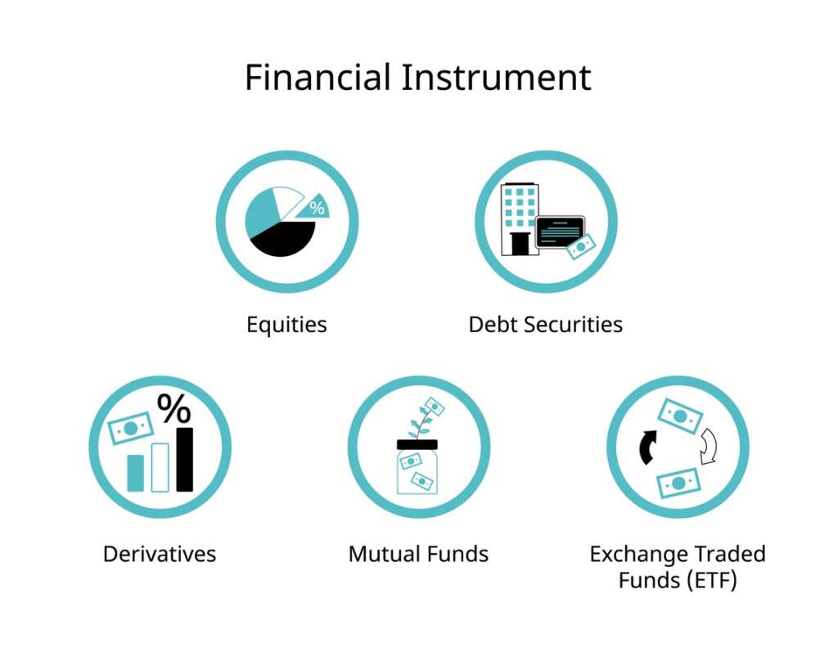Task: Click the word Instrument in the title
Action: tap(495, 79)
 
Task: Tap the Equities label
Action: tap(286, 325)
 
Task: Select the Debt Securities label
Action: tap(545, 325)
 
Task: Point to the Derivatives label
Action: tap(160, 554)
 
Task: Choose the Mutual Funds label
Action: tap(418, 554)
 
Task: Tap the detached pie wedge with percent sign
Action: tap(313, 208)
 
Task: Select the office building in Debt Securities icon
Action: tap(520, 209)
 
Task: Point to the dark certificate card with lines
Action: tap(560, 231)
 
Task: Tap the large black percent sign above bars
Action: tap(173, 408)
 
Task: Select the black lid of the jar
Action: tap(417, 444)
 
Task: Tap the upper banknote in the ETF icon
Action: tap(680, 416)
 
